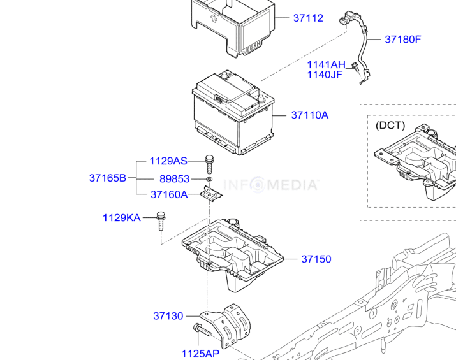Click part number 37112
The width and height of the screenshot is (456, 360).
coord(308,18)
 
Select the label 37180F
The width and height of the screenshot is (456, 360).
coord(402,40)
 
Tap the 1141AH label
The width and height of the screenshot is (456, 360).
coord(325,64)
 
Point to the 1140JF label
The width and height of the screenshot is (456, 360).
coord(325,75)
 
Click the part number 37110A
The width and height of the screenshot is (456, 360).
coord(309,115)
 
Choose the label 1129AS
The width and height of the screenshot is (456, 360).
coord(168,161)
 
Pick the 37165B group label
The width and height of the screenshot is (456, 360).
coord(108,178)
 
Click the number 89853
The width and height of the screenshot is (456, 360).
coord(174,180)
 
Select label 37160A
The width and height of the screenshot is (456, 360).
coord(169,195)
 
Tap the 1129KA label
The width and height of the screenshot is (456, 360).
coord(121,218)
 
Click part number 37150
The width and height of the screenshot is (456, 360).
coord(316,259)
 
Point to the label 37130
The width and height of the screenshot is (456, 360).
coord(168,316)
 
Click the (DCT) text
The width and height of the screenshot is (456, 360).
coord(390,126)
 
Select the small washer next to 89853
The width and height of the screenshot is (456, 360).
coord(209,180)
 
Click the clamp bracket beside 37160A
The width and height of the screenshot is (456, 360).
coord(211,193)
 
